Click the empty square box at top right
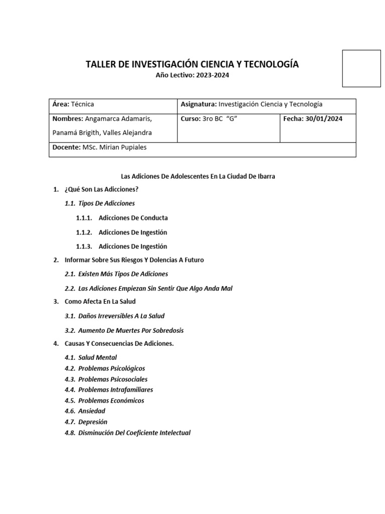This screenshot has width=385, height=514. [x=361, y=68]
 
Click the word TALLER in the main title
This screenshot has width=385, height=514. [x=102, y=64]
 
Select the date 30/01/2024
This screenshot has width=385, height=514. [x=325, y=119]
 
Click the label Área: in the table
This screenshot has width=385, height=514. [x=61, y=104]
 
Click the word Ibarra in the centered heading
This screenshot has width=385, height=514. [x=264, y=177]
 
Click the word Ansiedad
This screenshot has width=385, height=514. [x=92, y=411]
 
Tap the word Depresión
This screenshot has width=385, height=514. [x=93, y=422]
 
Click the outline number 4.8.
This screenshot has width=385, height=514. [x=70, y=433]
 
